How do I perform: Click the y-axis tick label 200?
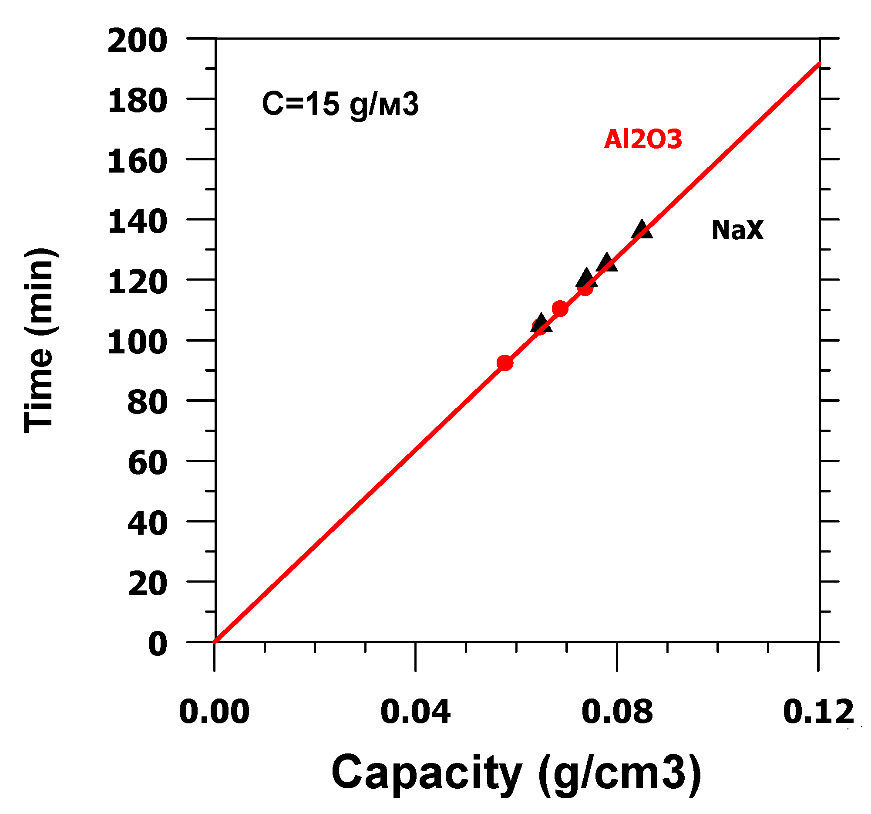(137, 41)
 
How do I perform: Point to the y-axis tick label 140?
(137, 222)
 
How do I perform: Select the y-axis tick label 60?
(148, 463)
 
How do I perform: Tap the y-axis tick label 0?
(158, 645)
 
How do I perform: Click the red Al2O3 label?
(642, 139)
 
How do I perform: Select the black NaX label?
(737, 230)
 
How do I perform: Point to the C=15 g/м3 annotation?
(340, 105)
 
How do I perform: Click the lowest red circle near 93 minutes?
(505, 363)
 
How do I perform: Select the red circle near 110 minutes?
(559, 309)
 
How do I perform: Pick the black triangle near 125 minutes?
(607, 263)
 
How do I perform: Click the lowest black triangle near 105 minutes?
(541, 324)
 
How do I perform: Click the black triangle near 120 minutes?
(586, 278)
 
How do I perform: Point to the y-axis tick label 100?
(137, 343)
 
